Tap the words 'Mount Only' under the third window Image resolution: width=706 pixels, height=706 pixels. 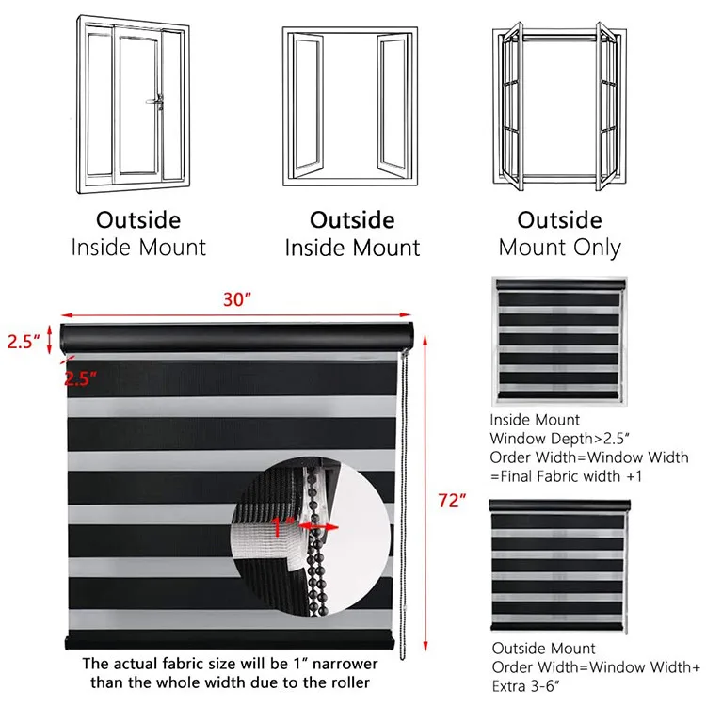click(x=559, y=248)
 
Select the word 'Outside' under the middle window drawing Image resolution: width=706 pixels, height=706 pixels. click(x=352, y=220)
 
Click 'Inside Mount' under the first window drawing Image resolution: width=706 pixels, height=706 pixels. click(x=137, y=248)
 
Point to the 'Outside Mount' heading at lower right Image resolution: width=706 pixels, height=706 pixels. click(x=543, y=649)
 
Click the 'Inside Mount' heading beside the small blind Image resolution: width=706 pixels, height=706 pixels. click(x=536, y=420)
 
